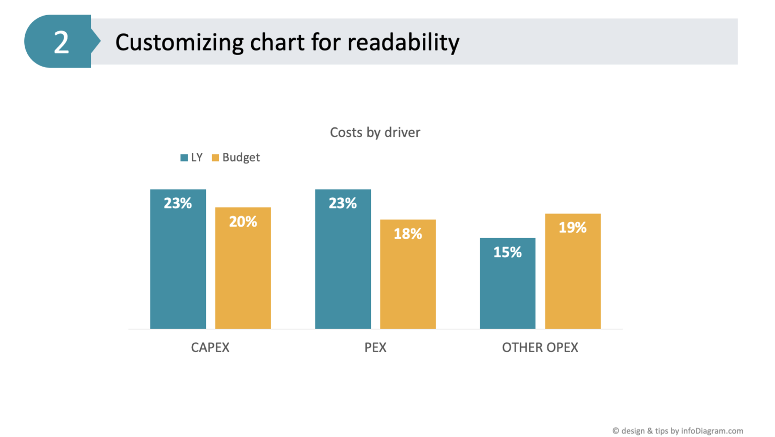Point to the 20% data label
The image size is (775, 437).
tap(243, 222)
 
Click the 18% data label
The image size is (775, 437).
tap(408, 234)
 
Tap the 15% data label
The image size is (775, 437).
tap(507, 252)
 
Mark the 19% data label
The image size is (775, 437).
tap(573, 228)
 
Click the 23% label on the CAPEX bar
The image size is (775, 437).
tap(178, 203)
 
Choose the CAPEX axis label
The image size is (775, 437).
tap(210, 347)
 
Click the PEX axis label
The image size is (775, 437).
tap(375, 347)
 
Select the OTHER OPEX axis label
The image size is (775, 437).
tap(540, 347)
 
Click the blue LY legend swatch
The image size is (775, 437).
tap(184, 157)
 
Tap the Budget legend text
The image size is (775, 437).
tap(241, 157)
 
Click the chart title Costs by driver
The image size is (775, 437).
tap(375, 132)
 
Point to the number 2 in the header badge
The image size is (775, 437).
tap(61, 42)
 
